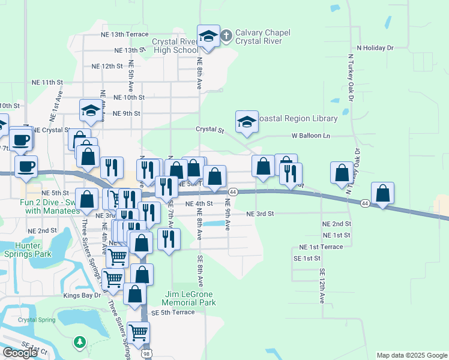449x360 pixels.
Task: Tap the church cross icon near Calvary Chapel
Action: click(226, 34)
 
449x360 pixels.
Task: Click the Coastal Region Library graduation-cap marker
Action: click(246, 122)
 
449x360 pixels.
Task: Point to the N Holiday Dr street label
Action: click(375, 47)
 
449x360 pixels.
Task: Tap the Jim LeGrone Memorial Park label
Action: click(189, 298)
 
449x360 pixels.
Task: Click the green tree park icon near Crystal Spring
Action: click(79, 342)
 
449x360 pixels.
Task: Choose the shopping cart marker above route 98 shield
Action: click(139, 332)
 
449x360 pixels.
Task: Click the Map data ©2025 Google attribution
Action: click(411, 355)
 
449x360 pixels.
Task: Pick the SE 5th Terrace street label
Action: click(173, 313)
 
